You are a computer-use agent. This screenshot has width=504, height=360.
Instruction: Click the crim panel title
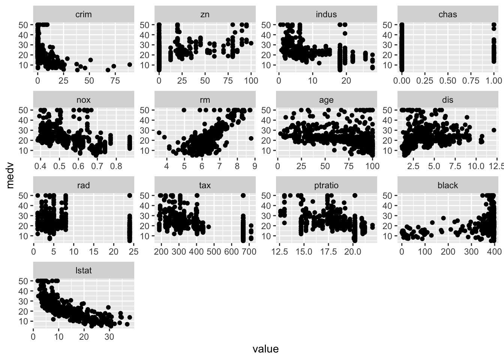pyautogui.click(x=83, y=15)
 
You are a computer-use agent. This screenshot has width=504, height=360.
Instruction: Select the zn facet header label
pyautogui.click(x=205, y=15)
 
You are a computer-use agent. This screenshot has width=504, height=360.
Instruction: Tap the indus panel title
pyautogui.click(x=326, y=15)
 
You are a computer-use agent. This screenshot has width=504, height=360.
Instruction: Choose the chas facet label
pyautogui.click(x=448, y=15)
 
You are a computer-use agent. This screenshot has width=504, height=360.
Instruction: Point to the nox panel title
pyautogui.click(x=83, y=100)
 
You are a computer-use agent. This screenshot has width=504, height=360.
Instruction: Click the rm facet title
pyautogui.click(x=205, y=100)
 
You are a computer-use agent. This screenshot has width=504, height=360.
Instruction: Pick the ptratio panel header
pyautogui.click(x=326, y=185)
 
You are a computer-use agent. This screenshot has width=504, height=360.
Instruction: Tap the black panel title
pyautogui.click(x=448, y=185)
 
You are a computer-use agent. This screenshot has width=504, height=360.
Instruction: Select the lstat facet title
pyautogui.click(x=83, y=270)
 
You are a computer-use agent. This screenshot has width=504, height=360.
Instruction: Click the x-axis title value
pyautogui.click(x=265, y=349)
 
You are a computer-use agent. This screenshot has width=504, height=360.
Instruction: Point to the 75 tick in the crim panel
pyautogui.click(x=115, y=81)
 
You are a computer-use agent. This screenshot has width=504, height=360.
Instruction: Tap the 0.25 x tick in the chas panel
pyautogui.click(x=425, y=81)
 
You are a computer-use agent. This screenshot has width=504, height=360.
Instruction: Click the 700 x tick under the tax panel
pyautogui.click(x=250, y=251)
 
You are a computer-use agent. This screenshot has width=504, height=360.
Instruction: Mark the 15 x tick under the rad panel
pyautogui.click(x=93, y=251)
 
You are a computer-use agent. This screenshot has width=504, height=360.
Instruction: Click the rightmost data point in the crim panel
pyautogui.click(x=130, y=64)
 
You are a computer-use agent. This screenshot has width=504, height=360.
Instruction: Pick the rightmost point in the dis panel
pyautogui.click(x=494, y=130)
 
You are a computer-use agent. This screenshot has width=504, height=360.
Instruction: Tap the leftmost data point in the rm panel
pyautogui.click(x=159, y=133)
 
